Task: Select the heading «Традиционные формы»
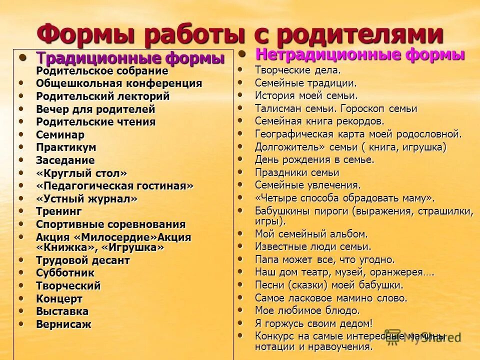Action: tap(130, 58)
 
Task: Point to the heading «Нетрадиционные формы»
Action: tap(360, 54)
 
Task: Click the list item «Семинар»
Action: tap(60, 134)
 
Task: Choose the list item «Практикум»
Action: tap(66, 147)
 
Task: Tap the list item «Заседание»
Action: tap(65, 160)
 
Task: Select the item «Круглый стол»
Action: tap(81, 173)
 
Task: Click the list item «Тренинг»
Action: tap(58, 211)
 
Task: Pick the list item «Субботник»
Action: tap(65, 272)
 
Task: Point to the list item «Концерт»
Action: tap(59, 299)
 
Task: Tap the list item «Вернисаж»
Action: tap(63, 324)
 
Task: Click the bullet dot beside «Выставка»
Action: tap(21, 310)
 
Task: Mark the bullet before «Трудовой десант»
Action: tap(21, 259)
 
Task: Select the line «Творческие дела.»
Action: tap(297, 70)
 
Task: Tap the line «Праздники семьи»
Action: tap(297, 172)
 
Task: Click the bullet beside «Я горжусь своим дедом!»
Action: tap(240, 322)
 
